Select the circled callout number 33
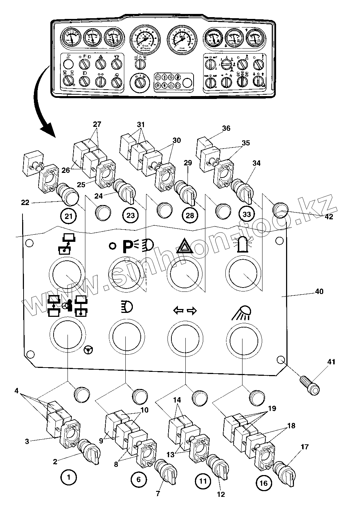tap(246, 214)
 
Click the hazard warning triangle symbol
tap(185, 246)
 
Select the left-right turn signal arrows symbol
tap(185, 311)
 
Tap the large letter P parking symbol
tap(128, 246)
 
